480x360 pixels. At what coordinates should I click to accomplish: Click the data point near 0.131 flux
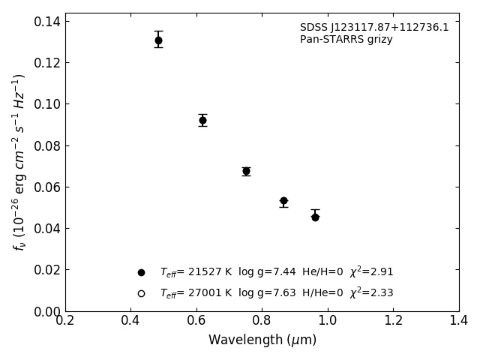click(x=158, y=40)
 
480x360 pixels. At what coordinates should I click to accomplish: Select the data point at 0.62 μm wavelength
click(x=202, y=120)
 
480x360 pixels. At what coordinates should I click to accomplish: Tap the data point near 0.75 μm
click(x=246, y=171)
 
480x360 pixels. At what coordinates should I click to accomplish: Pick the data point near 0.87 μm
click(x=283, y=201)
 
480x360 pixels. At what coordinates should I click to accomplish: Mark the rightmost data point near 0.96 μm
click(x=315, y=217)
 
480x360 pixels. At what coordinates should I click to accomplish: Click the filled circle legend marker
click(x=141, y=272)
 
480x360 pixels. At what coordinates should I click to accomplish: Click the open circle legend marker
click(x=141, y=293)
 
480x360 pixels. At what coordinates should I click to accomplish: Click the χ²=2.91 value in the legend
click(x=371, y=271)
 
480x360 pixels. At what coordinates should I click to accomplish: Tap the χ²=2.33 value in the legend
click(x=371, y=292)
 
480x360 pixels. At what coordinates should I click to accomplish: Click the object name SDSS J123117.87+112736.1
click(x=374, y=28)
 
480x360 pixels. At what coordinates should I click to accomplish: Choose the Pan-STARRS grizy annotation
click(x=346, y=40)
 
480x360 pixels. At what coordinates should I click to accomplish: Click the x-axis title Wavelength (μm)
click(x=262, y=340)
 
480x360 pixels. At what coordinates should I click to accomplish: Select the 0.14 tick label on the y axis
click(x=46, y=21)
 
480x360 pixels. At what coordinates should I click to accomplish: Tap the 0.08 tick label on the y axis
click(x=46, y=145)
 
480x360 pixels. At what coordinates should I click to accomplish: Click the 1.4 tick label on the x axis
click(x=459, y=321)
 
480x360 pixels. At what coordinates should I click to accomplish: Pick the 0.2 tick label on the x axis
click(x=65, y=321)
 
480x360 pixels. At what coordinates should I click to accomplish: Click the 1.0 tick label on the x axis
click(x=328, y=321)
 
